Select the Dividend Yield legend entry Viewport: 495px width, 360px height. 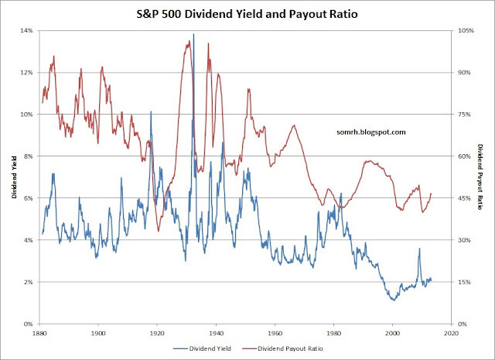213,350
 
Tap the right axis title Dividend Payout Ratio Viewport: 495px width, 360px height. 480,177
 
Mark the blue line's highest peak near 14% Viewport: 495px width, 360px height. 193,34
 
